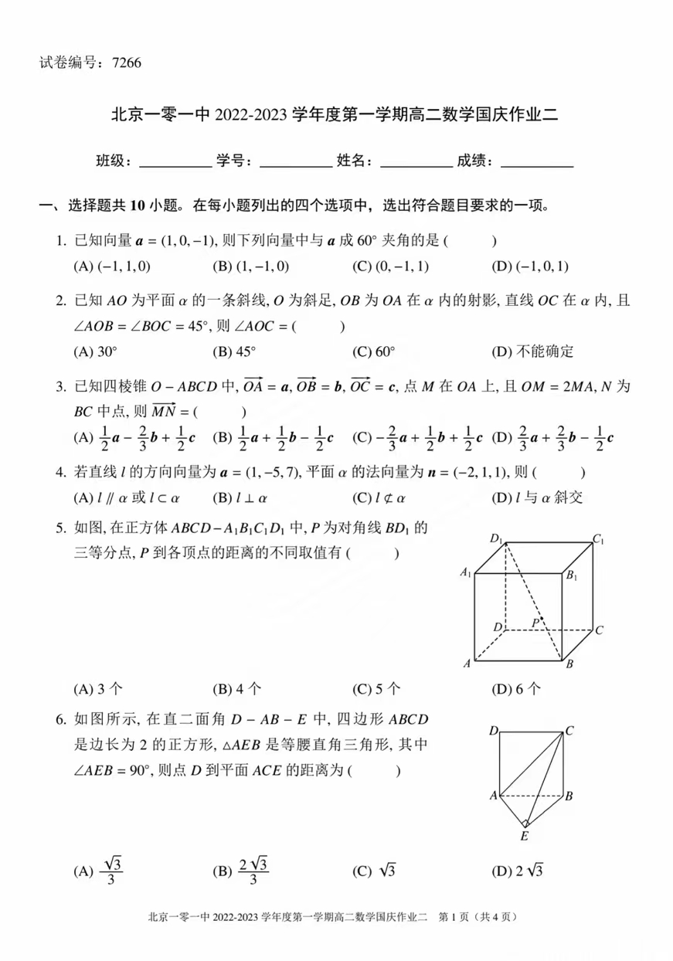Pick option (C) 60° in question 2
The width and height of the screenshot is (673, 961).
pyautogui.click(x=374, y=351)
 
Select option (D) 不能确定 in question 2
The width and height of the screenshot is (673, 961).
pyautogui.click(x=532, y=351)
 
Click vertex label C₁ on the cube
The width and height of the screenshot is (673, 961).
pyautogui.click(x=598, y=538)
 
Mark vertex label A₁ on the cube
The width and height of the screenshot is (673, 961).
pyautogui.click(x=465, y=572)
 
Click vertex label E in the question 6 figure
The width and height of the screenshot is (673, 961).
pyautogui.click(x=524, y=837)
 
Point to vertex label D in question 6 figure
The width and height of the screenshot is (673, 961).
pyautogui.click(x=493, y=730)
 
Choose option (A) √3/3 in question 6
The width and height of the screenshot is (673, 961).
pyautogui.click(x=100, y=871)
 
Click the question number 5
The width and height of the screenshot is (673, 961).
pyautogui.click(x=60, y=529)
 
